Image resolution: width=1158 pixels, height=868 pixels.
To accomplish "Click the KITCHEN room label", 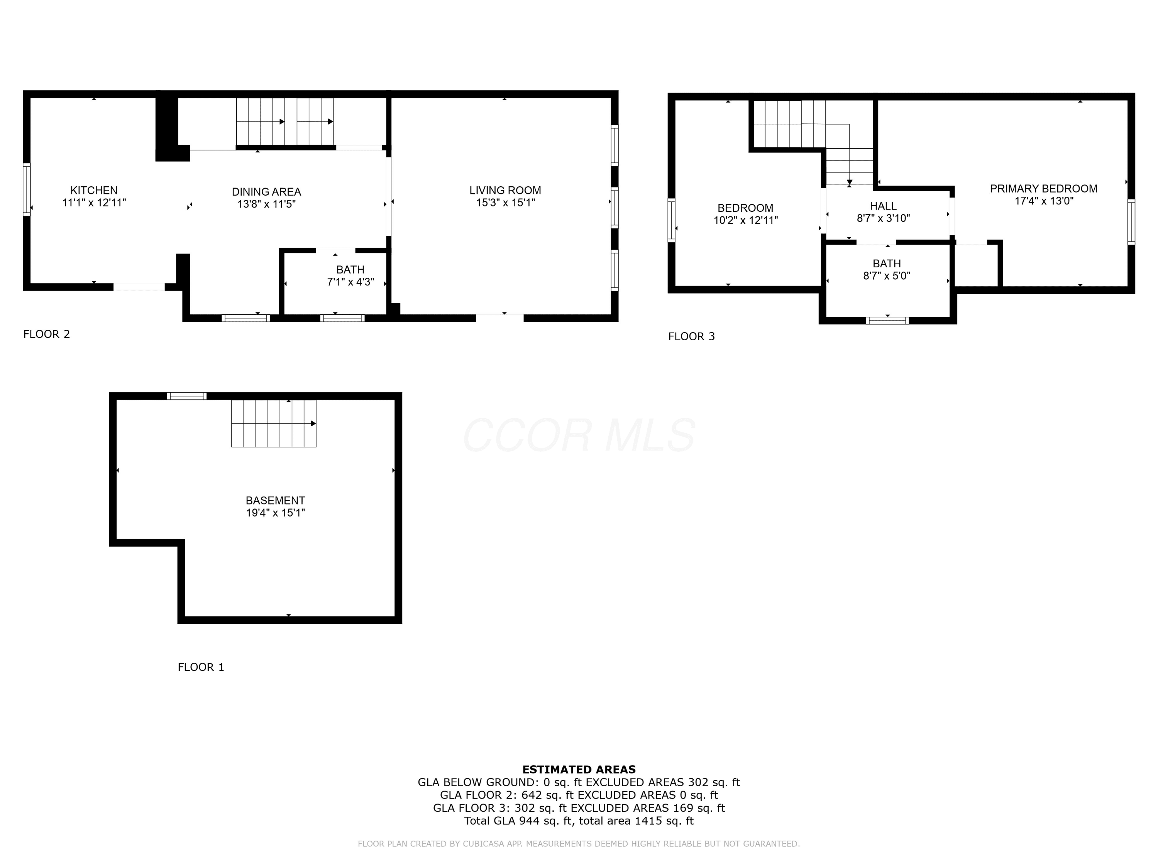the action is pyautogui.click(x=94, y=191).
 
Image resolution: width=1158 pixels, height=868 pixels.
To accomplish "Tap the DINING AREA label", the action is pyautogui.click(x=266, y=192).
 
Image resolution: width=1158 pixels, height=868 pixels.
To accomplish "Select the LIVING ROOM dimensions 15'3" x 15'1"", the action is pyautogui.click(x=505, y=203).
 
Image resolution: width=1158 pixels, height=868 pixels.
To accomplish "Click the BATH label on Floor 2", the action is pyautogui.click(x=350, y=270).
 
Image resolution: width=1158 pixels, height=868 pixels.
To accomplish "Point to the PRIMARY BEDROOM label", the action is pyautogui.click(x=1044, y=189).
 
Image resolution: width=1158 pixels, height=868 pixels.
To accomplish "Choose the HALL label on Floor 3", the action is pyautogui.click(x=883, y=206).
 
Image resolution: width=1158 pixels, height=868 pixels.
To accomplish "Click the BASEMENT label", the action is pyautogui.click(x=275, y=501).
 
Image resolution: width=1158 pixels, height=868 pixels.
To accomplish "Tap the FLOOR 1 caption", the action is pyautogui.click(x=201, y=667).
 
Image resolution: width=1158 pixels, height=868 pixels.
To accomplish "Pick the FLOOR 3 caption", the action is pyautogui.click(x=692, y=336).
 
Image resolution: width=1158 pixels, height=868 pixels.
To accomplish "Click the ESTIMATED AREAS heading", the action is pyautogui.click(x=579, y=770).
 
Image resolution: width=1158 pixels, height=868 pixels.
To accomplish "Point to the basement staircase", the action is pyautogui.click(x=274, y=423).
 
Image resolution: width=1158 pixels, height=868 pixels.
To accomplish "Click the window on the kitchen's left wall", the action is pyautogui.click(x=27, y=189).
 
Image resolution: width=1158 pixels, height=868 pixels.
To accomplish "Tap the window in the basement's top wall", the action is pyautogui.click(x=187, y=396).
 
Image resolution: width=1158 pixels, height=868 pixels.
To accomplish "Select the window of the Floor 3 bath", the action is pyautogui.click(x=887, y=321).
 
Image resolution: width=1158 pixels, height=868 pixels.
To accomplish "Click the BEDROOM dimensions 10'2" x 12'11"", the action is pyautogui.click(x=745, y=221).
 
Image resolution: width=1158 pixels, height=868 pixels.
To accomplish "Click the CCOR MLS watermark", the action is pyautogui.click(x=579, y=435).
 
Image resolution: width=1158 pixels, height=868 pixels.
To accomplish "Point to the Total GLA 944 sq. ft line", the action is pyautogui.click(x=579, y=821).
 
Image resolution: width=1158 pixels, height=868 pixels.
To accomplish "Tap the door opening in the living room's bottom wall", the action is pyautogui.click(x=499, y=317).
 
